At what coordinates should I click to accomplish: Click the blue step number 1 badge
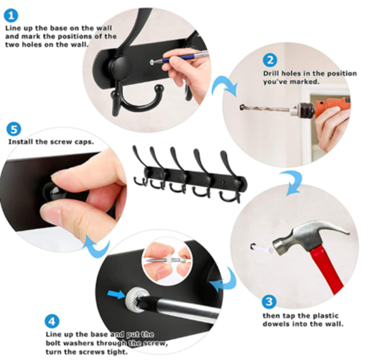tap(11, 16)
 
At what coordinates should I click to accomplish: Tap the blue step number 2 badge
tap(270, 60)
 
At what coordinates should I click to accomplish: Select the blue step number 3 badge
tap(269, 301)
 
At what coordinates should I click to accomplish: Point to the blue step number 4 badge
tap(52, 321)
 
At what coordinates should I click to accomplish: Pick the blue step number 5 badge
tap(14, 129)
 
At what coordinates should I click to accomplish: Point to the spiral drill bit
tap(265, 108)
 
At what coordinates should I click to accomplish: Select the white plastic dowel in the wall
tap(263, 249)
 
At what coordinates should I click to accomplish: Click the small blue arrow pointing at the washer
tap(116, 294)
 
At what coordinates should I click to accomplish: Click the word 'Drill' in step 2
tap(272, 74)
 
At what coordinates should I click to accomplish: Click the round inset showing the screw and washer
tap(168, 261)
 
